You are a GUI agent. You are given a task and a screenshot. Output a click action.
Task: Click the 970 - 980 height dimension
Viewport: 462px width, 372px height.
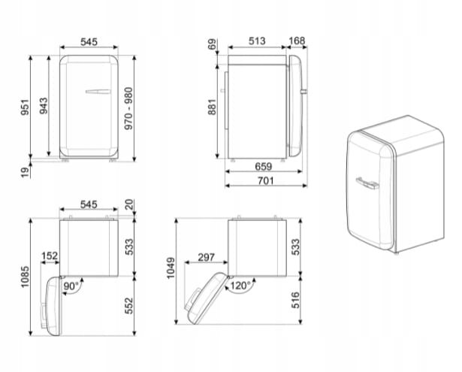coord(128,108)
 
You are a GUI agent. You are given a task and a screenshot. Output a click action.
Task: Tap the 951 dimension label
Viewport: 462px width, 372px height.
coord(25,107)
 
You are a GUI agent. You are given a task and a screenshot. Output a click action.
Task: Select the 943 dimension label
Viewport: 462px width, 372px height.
coord(44,106)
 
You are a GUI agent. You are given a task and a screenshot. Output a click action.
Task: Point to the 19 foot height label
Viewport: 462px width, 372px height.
coord(26,172)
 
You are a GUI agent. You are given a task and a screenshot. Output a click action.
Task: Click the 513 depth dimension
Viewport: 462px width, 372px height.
coord(257,41)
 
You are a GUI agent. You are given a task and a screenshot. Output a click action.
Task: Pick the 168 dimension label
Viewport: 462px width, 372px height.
coord(297,41)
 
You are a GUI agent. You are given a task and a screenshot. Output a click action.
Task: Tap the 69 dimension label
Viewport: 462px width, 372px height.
coord(212,44)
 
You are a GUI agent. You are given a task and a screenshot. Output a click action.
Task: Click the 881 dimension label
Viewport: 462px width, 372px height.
coord(212,107)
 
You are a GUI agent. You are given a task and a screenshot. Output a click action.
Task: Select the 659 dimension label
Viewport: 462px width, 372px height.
coord(264,167)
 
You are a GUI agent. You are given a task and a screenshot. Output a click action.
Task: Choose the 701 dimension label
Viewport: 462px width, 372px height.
coord(265,180)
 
